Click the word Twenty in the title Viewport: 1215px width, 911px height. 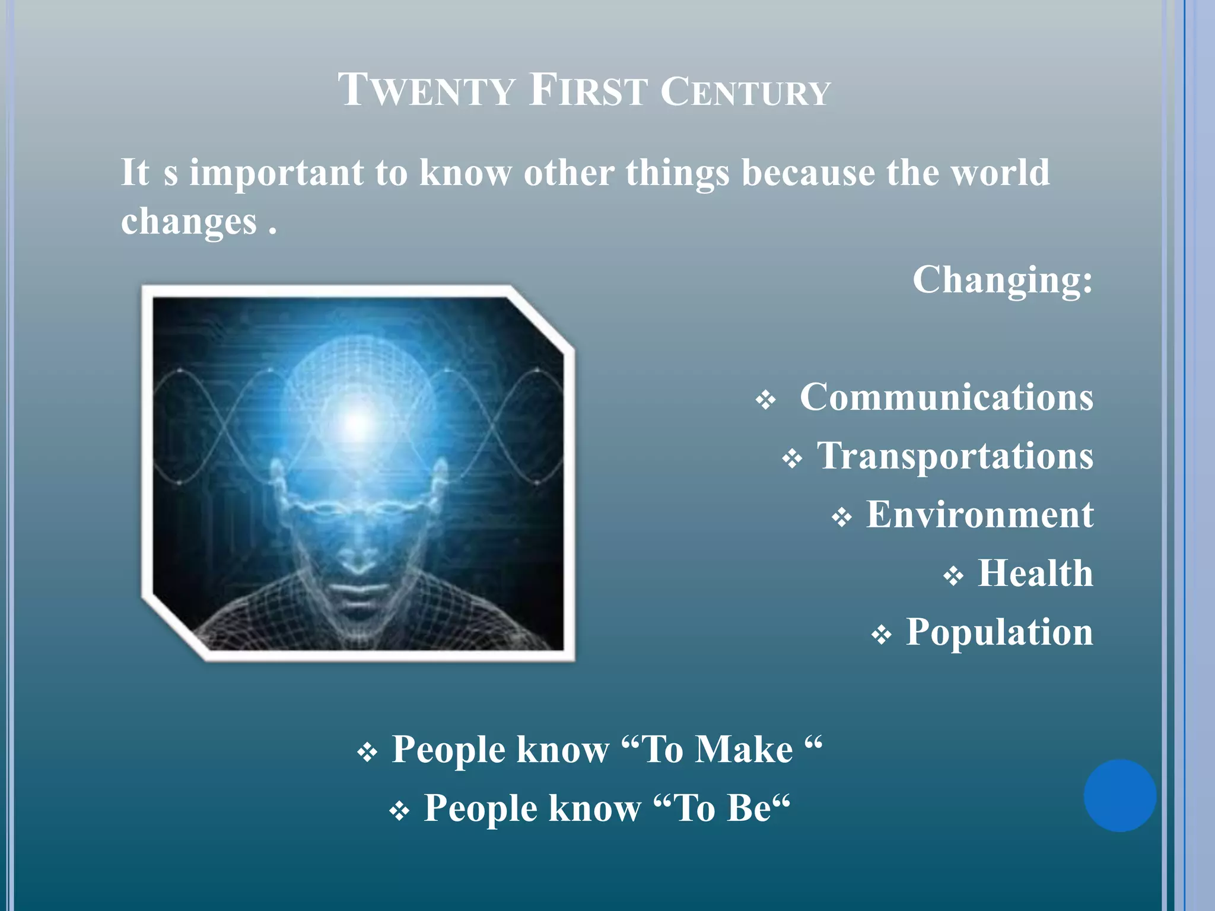pos(426,91)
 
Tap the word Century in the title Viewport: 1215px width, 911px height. pos(745,92)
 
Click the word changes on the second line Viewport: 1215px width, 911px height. pos(189,221)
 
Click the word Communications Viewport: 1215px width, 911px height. pos(946,397)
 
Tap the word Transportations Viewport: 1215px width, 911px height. pos(955,456)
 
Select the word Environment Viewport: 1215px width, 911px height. pos(979,514)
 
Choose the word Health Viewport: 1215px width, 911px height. pos(1035,574)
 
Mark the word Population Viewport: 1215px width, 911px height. pos(999,632)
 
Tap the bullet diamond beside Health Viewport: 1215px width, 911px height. pos(953,576)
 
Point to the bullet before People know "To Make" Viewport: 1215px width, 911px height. pos(367,753)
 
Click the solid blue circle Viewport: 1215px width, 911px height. pos(1119,795)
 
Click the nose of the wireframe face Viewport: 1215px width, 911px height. pos(357,555)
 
